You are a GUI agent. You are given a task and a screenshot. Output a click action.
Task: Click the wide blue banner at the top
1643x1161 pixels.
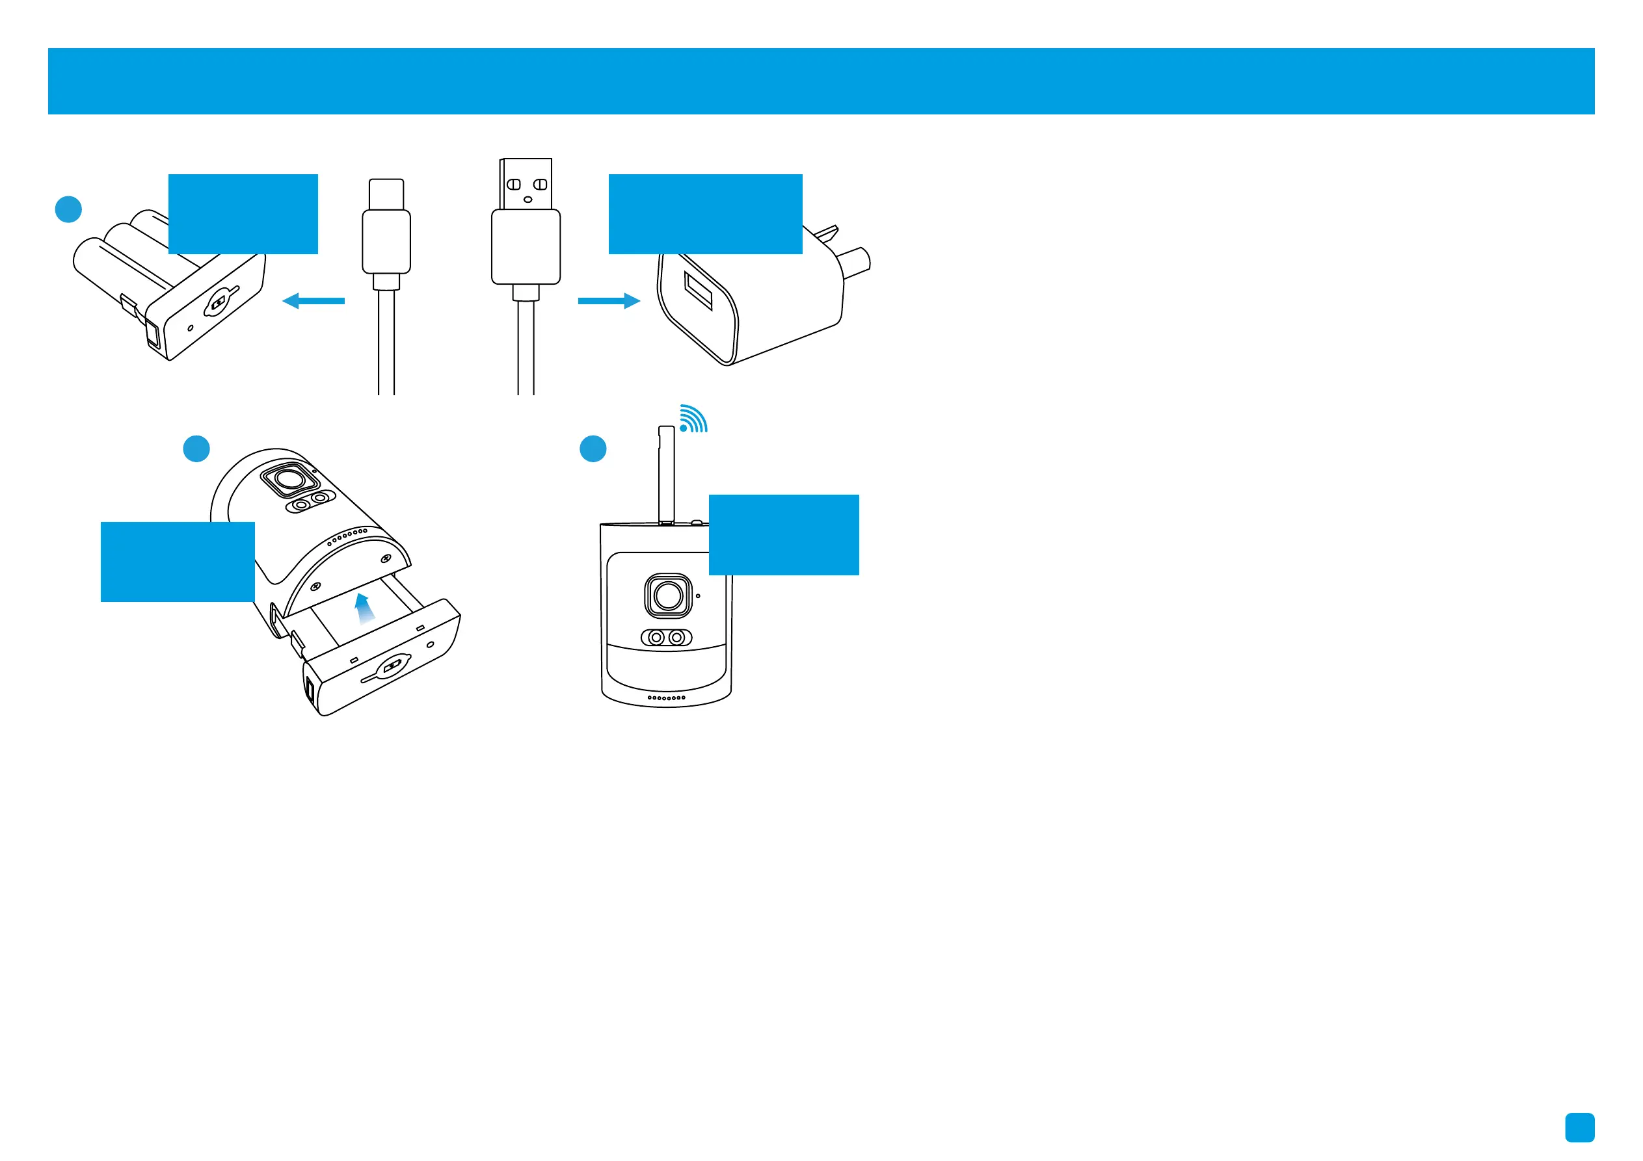(x=821, y=81)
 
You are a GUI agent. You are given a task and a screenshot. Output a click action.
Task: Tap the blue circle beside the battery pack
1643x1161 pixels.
(x=69, y=209)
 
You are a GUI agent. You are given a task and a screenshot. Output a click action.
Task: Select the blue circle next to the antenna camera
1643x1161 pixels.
(x=593, y=449)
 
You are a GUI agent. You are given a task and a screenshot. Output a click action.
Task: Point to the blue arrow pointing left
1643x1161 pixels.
(x=314, y=300)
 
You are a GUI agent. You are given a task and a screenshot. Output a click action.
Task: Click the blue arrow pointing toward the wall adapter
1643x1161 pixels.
(x=608, y=300)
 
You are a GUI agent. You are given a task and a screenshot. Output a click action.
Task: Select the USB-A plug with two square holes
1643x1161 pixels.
(x=526, y=185)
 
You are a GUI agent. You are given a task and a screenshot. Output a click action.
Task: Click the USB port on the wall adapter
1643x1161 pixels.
(x=699, y=291)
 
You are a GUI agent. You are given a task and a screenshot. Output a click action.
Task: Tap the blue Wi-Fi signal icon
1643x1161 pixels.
(x=693, y=419)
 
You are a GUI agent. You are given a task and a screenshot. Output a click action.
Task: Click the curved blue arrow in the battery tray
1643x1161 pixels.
(x=365, y=610)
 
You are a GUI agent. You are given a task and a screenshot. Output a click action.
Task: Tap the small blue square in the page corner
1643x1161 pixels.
(x=1579, y=1127)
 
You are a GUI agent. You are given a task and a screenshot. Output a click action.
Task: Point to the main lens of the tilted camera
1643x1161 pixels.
(x=290, y=478)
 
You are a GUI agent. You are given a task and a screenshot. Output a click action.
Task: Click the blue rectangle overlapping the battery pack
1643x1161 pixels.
(x=243, y=214)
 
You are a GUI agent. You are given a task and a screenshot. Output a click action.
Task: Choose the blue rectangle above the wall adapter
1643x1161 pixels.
(x=705, y=214)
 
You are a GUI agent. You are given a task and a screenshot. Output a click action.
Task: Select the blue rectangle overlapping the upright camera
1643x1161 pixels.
(x=784, y=534)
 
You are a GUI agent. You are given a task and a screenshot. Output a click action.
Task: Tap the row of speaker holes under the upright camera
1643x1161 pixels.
(x=666, y=698)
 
